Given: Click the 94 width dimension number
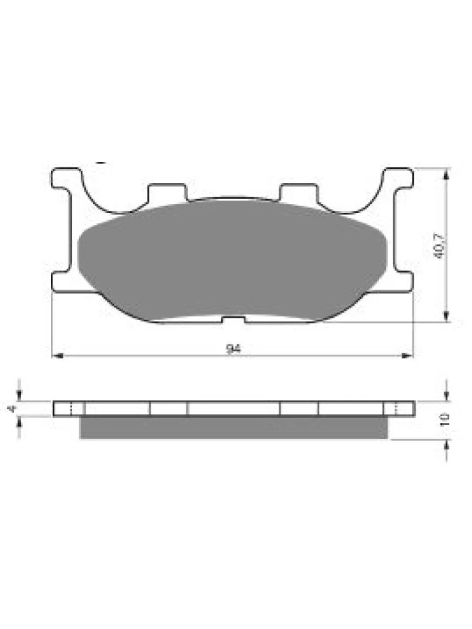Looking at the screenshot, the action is pyautogui.click(x=234, y=349).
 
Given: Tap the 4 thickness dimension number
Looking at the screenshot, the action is pyautogui.click(x=12, y=408).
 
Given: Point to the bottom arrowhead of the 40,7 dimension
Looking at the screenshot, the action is pyautogui.click(x=446, y=316).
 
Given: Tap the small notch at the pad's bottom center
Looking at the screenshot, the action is pyautogui.click(x=234, y=320).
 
